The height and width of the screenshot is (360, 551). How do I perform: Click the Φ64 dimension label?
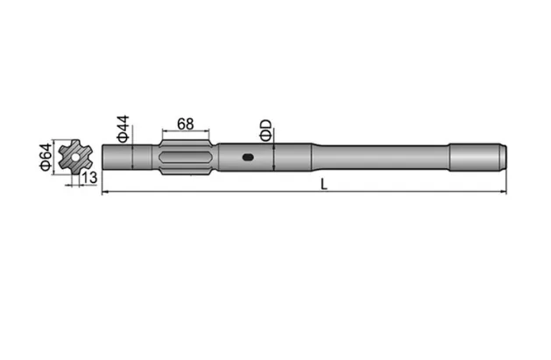pos(44,157)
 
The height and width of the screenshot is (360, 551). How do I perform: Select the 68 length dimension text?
pos(185,123)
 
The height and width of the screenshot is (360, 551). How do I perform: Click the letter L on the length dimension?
pos(324,183)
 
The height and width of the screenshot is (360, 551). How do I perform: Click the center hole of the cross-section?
pos(75,159)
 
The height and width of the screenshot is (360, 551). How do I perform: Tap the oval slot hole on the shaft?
pos(249,159)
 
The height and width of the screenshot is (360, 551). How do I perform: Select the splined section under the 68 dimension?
pos(185,159)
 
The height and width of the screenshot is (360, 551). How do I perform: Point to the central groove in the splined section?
pos(185,159)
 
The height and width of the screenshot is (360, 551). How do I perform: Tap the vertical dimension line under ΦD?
pos(275,159)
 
